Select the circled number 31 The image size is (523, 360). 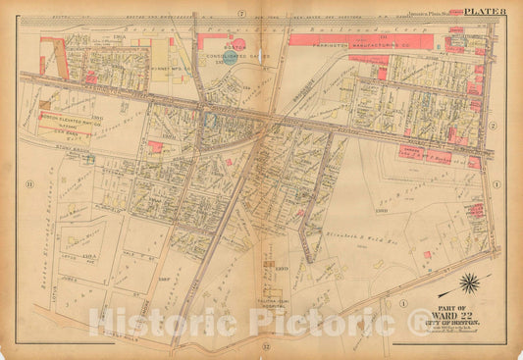point(30,183)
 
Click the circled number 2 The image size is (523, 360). point(497,125)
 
